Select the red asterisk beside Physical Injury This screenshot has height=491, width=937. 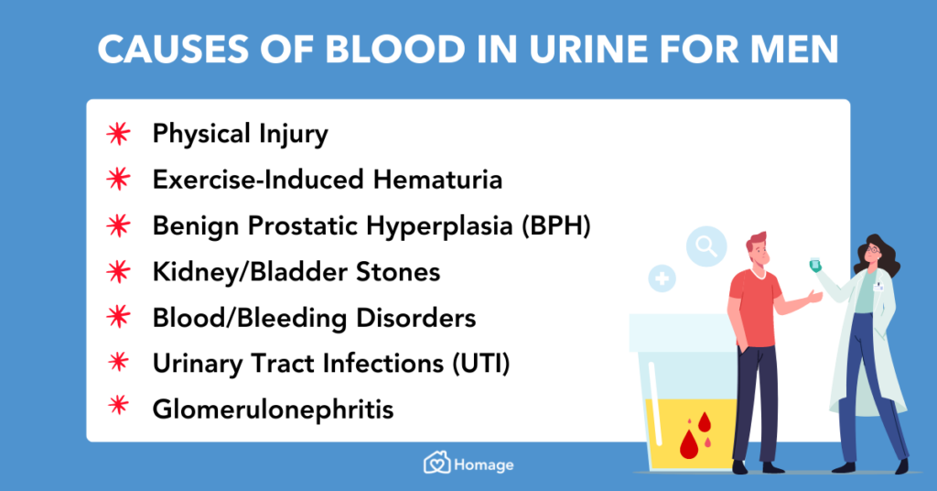pyautogui.click(x=117, y=135)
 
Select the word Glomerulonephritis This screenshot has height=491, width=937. pyautogui.click(x=273, y=409)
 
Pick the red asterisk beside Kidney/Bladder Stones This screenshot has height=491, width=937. pyautogui.click(x=117, y=272)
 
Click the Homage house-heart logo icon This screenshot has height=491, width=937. pyautogui.click(x=436, y=464)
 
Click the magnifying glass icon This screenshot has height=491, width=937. pyautogui.click(x=707, y=245)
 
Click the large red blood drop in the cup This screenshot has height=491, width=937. pyautogui.click(x=689, y=443)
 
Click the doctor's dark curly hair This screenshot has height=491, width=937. pyautogui.click(x=880, y=258)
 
